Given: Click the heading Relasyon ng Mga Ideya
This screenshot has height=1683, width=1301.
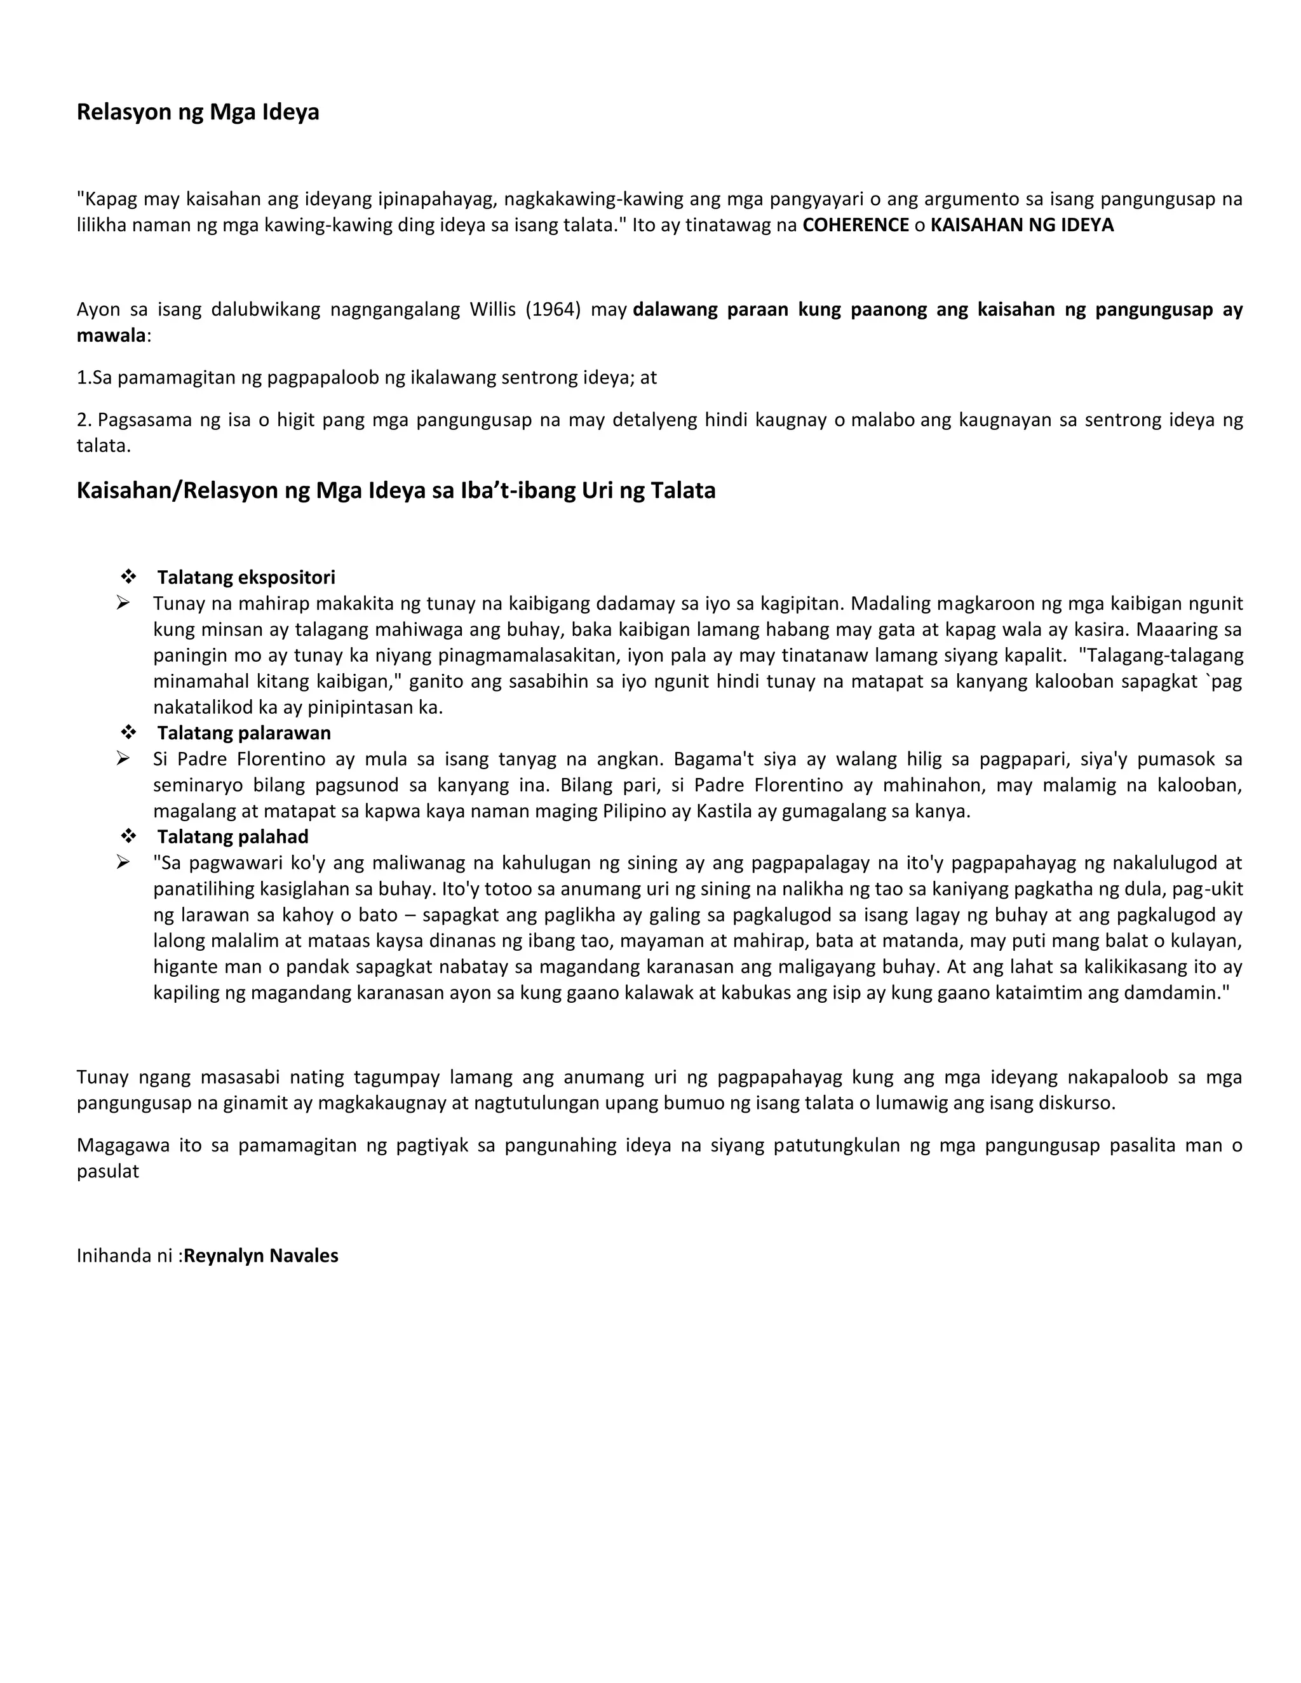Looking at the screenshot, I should coord(198,112).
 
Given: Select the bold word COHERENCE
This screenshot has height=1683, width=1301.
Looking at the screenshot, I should coord(856,225).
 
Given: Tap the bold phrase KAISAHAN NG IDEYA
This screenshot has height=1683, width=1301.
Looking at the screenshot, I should coord(1022,225).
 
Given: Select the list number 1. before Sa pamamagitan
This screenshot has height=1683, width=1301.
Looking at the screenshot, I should coord(83,378).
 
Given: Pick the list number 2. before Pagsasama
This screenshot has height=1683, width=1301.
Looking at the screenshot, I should coord(83,420).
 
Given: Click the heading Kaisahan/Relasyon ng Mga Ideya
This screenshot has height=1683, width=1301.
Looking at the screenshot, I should coord(395,491).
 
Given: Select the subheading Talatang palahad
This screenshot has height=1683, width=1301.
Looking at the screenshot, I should coord(233,837).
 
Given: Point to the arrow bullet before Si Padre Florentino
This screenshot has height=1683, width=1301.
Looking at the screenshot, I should coord(123,759).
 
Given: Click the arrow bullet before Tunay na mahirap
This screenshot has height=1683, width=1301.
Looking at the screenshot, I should coord(123,603).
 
